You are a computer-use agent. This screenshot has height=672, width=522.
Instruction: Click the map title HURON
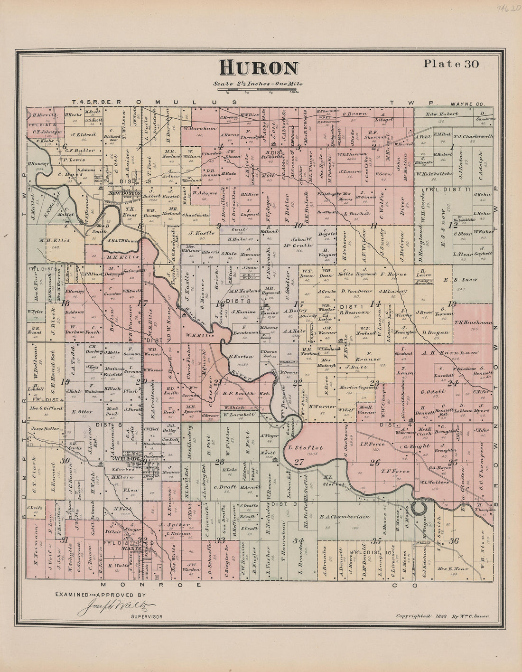pos(259,68)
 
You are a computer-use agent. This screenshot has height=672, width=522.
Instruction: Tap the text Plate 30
pos(451,64)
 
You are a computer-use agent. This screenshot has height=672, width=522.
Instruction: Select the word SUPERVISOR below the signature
pos(146,616)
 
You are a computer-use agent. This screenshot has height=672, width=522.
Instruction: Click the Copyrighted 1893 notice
pos(442,616)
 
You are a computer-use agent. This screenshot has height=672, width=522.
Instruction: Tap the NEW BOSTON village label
pos(125,193)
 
